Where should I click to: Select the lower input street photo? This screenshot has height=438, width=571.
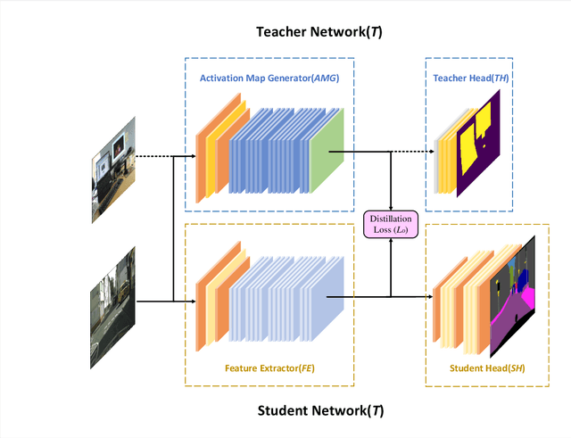(113, 298)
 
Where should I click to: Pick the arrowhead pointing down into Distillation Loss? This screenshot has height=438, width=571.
(391, 208)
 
